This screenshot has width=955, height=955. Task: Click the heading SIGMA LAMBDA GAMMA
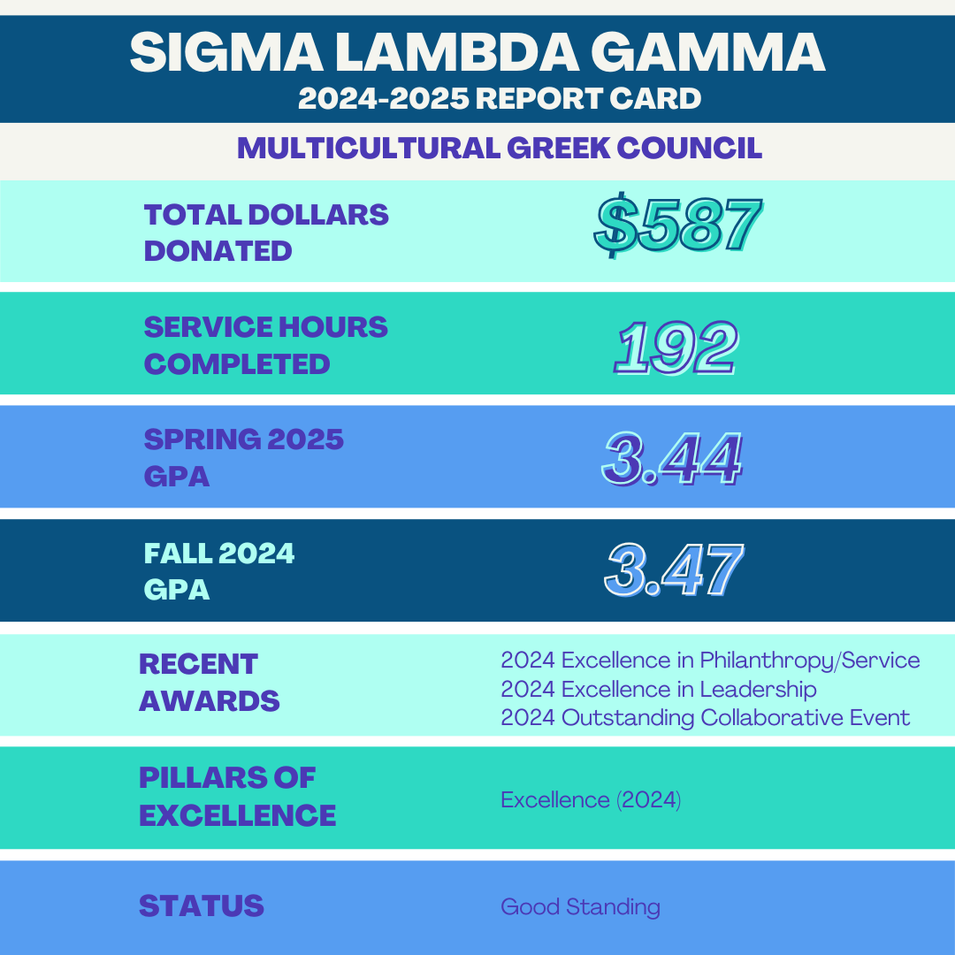[x=477, y=53]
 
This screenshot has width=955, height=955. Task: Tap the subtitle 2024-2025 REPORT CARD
[x=500, y=98]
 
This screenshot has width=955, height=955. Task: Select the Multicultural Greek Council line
[x=500, y=148]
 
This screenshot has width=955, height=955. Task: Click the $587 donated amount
[x=676, y=227]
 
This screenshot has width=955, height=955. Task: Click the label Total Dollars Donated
[x=266, y=233]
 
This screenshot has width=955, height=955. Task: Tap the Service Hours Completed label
[x=265, y=345]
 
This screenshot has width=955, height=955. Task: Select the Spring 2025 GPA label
[x=243, y=457]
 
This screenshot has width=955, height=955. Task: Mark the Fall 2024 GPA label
[x=219, y=570]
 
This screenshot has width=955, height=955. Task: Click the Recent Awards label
[x=209, y=682]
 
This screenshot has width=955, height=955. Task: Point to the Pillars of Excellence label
[x=237, y=796]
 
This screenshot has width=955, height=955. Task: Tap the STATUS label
[x=202, y=905]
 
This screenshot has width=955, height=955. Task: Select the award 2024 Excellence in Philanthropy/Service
[x=710, y=661]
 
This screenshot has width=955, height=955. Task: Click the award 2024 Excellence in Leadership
[x=658, y=689]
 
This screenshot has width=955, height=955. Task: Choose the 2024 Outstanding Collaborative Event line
[x=705, y=717]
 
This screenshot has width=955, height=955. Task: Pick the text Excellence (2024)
[x=591, y=800]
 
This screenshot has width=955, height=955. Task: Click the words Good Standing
[x=580, y=907]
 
